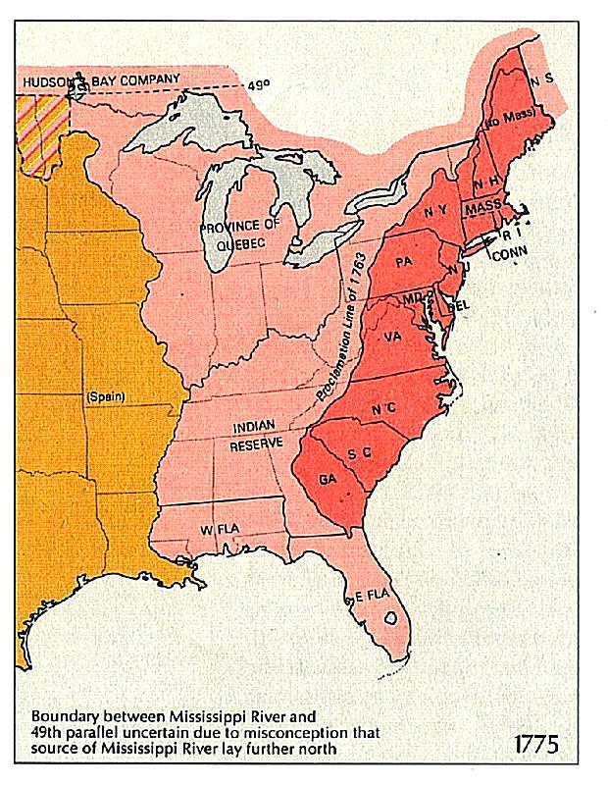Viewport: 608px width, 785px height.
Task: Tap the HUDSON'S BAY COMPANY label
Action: [x=102, y=78]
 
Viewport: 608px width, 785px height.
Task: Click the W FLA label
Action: [x=221, y=529]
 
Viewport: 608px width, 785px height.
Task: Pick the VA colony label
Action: [x=393, y=336]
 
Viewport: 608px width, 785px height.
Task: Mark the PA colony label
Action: [x=403, y=263]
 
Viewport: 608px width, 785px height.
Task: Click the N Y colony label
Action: [x=436, y=211]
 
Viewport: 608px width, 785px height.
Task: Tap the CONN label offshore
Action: [x=509, y=252]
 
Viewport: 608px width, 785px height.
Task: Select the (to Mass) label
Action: [x=506, y=125]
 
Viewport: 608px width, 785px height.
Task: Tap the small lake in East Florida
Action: [x=391, y=619]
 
